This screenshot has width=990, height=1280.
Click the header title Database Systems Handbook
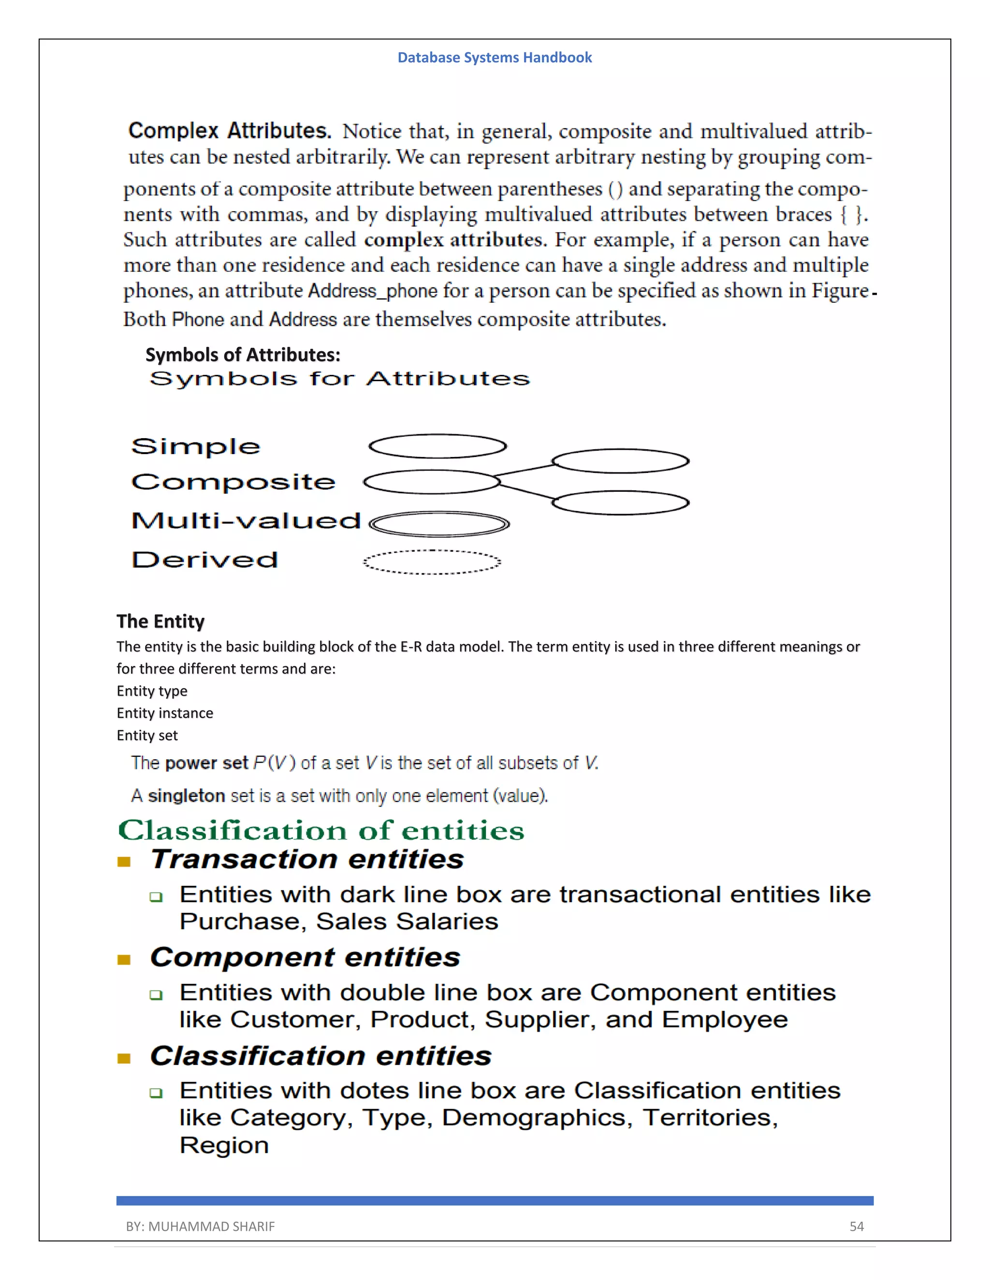click(x=495, y=57)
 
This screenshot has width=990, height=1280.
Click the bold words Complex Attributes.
click(x=229, y=131)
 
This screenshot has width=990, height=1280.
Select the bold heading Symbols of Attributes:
click(x=242, y=355)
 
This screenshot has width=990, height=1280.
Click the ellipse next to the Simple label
click(x=437, y=446)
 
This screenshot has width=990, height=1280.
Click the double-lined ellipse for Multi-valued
click(x=439, y=524)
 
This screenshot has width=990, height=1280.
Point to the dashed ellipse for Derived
click(x=432, y=562)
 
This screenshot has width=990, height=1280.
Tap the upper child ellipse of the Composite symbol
click(x=621, y=461)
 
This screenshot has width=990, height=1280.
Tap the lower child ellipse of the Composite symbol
click(x=621, y=503)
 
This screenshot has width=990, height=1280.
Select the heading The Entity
click(x=160, y=621)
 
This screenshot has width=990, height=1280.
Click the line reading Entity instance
click(x=165, y=713)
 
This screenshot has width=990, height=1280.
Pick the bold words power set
click(x=206, y=763)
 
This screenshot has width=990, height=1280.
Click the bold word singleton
click(x=187, y=796)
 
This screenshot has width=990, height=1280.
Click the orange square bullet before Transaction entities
click(x=124, y=862)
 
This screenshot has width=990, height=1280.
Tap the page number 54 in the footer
click(x=856, y=1226)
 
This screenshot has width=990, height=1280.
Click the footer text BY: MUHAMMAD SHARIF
click(x=200, y=1226)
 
